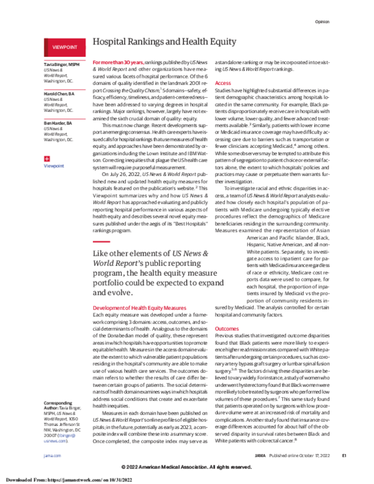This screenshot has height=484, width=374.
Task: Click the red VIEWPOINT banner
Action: tap(64, 46)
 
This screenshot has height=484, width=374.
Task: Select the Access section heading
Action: tap(223, 82)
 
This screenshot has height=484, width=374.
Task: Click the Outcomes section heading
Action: tap(226, 327)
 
